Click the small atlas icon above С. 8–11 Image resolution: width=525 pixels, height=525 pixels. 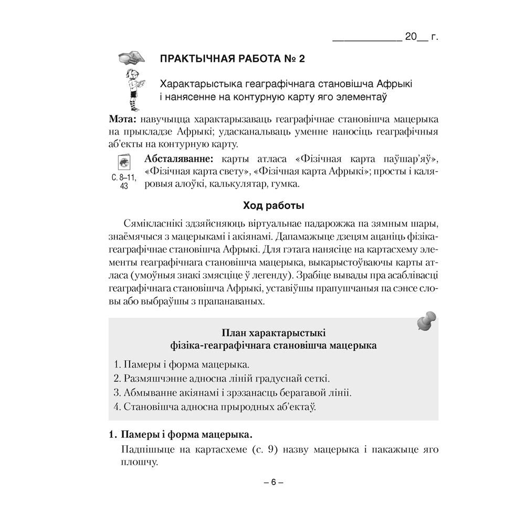click(124, 162)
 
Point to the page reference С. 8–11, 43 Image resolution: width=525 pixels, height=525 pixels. click(124, 181)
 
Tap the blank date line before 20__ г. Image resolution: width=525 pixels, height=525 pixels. click(366, 39)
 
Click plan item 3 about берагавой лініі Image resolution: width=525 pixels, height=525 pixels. click(232, 392)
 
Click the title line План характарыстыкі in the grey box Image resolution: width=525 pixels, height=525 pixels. click(273, 332)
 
